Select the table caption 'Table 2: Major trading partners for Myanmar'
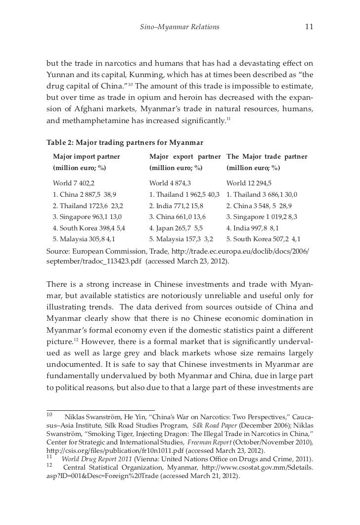pos(125,143)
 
